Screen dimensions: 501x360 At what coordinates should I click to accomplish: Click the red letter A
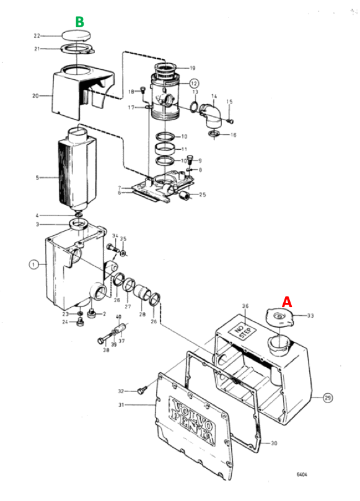point(288,301)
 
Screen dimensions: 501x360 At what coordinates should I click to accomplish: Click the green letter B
point(79,22)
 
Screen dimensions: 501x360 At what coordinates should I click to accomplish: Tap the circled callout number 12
point(194,82)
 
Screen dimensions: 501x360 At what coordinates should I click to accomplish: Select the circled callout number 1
point(33,264)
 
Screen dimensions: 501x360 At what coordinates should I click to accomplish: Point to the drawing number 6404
point(302,474)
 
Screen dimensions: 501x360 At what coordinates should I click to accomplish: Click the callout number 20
point(35,95)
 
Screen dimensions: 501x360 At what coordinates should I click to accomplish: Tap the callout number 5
point(37,177)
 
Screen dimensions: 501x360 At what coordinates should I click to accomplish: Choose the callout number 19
point(192,68)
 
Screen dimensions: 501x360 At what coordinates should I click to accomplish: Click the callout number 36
point(245,306)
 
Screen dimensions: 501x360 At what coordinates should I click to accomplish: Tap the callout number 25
point(202,195)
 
